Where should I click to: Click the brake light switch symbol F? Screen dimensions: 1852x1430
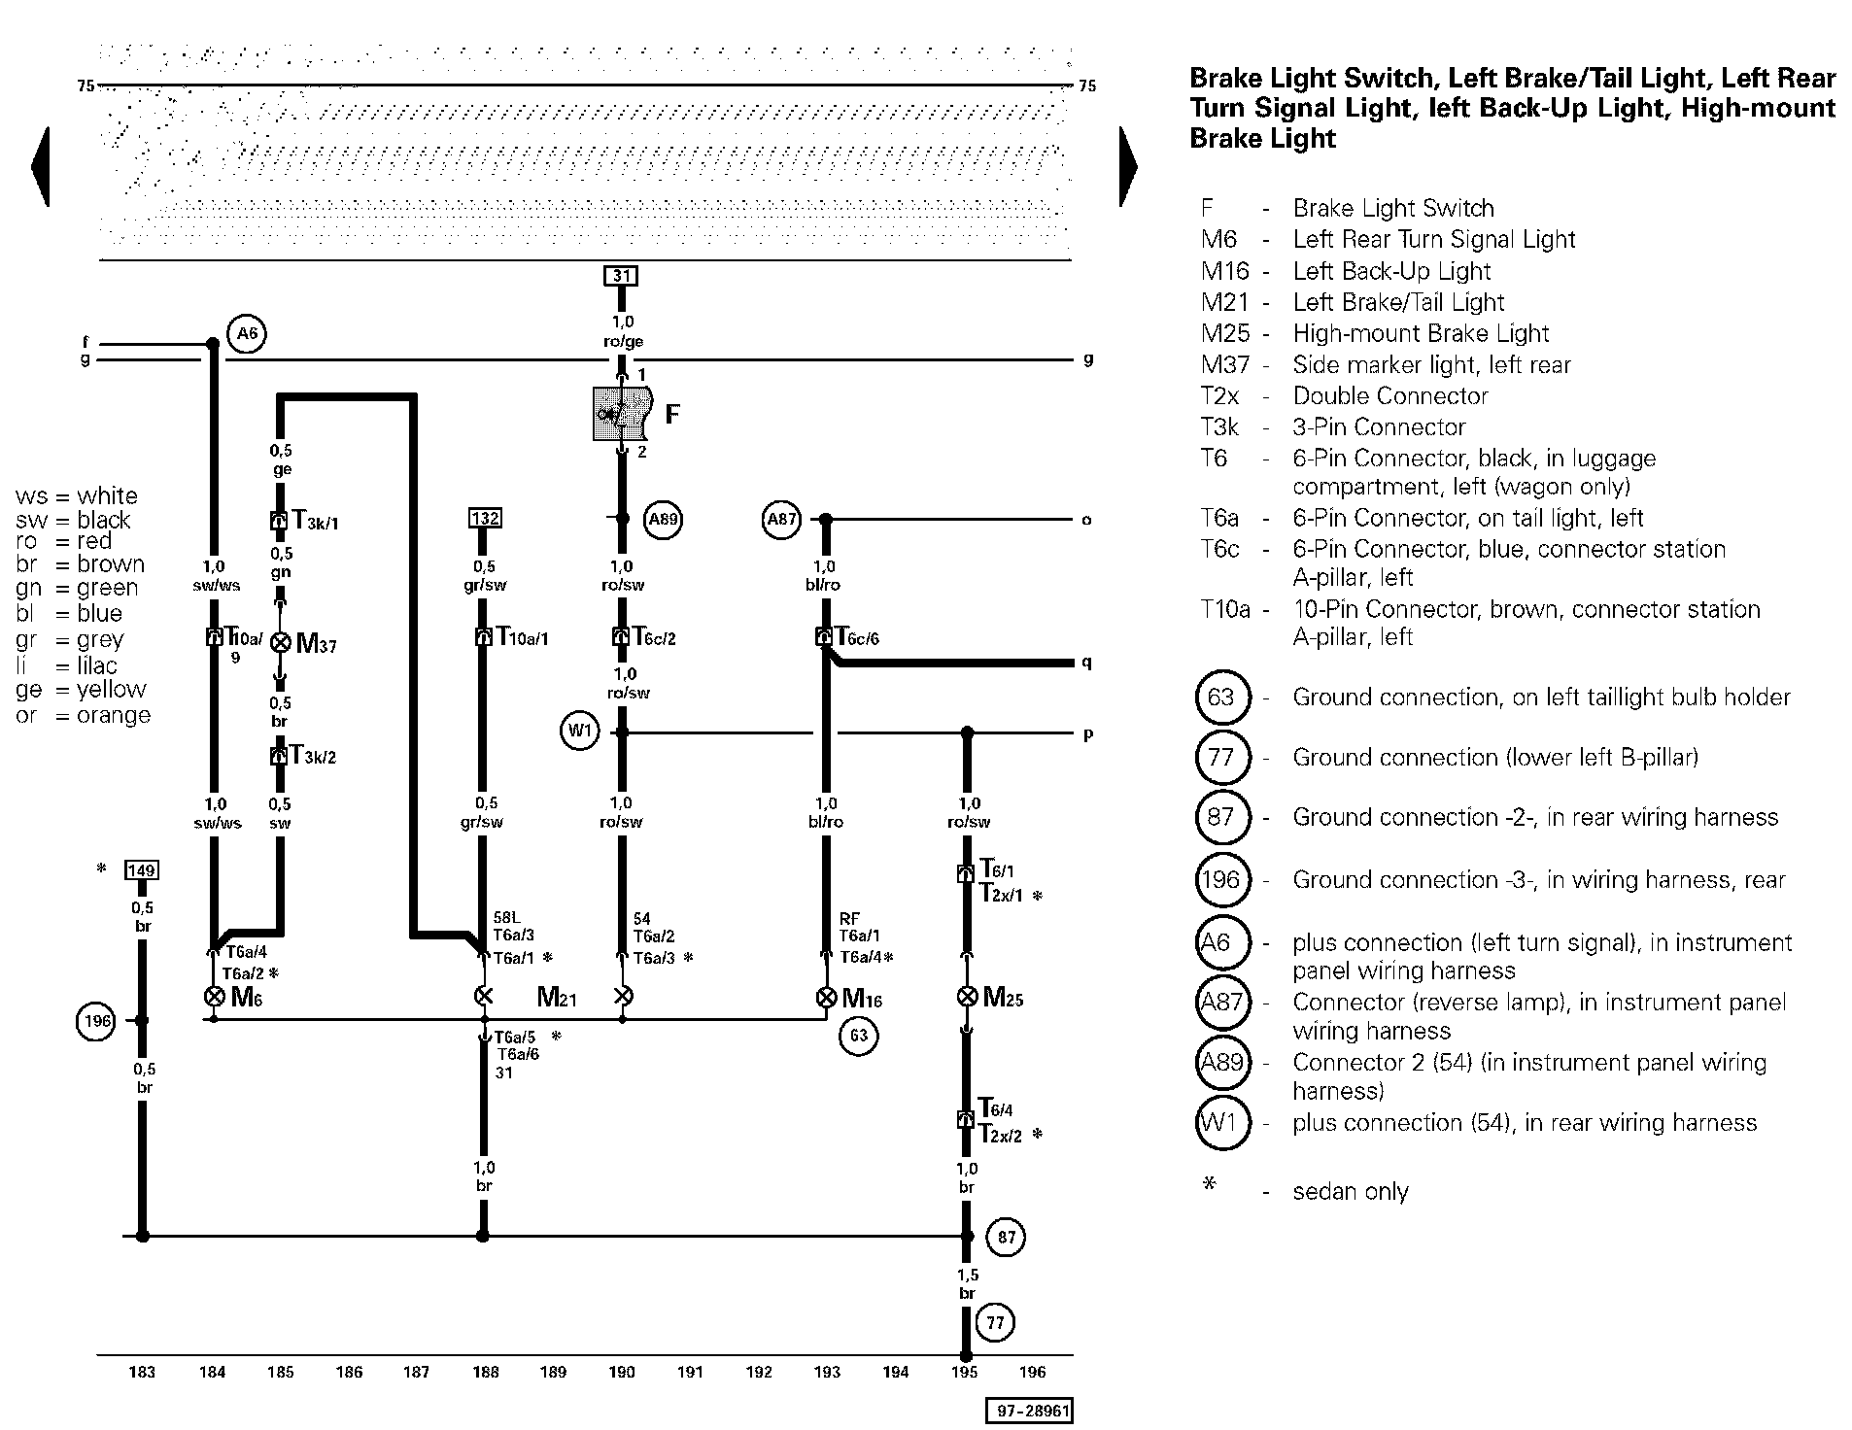[x=622, y=414]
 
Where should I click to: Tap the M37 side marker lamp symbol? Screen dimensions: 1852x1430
[x=280, y=643]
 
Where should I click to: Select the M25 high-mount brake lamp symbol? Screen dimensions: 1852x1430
[x=967, y=997]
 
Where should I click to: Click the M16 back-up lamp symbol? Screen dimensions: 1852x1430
[x=826, y=997]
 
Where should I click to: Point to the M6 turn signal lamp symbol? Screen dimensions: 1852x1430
[x=214, y=997]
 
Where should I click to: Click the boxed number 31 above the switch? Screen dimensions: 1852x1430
[x=621, y=276]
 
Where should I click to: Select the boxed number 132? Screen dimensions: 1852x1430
[x=485, y=518]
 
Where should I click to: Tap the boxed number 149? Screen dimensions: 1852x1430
[x=142, y=870]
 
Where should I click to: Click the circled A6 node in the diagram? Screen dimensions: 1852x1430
[x=247, y=334]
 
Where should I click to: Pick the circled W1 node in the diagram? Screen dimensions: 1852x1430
[x=579, y=732]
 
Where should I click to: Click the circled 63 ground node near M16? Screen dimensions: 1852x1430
[x=859, y=1036]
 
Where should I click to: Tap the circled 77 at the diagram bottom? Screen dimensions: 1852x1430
[x=995, y=1322]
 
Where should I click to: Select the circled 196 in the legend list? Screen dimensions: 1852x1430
[x=1220, y=880]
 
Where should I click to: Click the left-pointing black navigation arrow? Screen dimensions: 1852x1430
[x=41, y=166]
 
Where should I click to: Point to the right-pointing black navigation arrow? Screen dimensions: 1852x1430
[x=1128, y=166]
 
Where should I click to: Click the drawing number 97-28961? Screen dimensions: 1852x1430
[x=1029, y=1411]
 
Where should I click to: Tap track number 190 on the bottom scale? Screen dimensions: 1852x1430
[x=621, y=1372]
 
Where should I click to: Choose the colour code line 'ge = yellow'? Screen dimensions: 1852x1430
[x=82, y=690]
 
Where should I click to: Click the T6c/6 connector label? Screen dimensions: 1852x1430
[x=857, y=637]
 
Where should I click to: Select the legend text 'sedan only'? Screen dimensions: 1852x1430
[x=1351, y=1192]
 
